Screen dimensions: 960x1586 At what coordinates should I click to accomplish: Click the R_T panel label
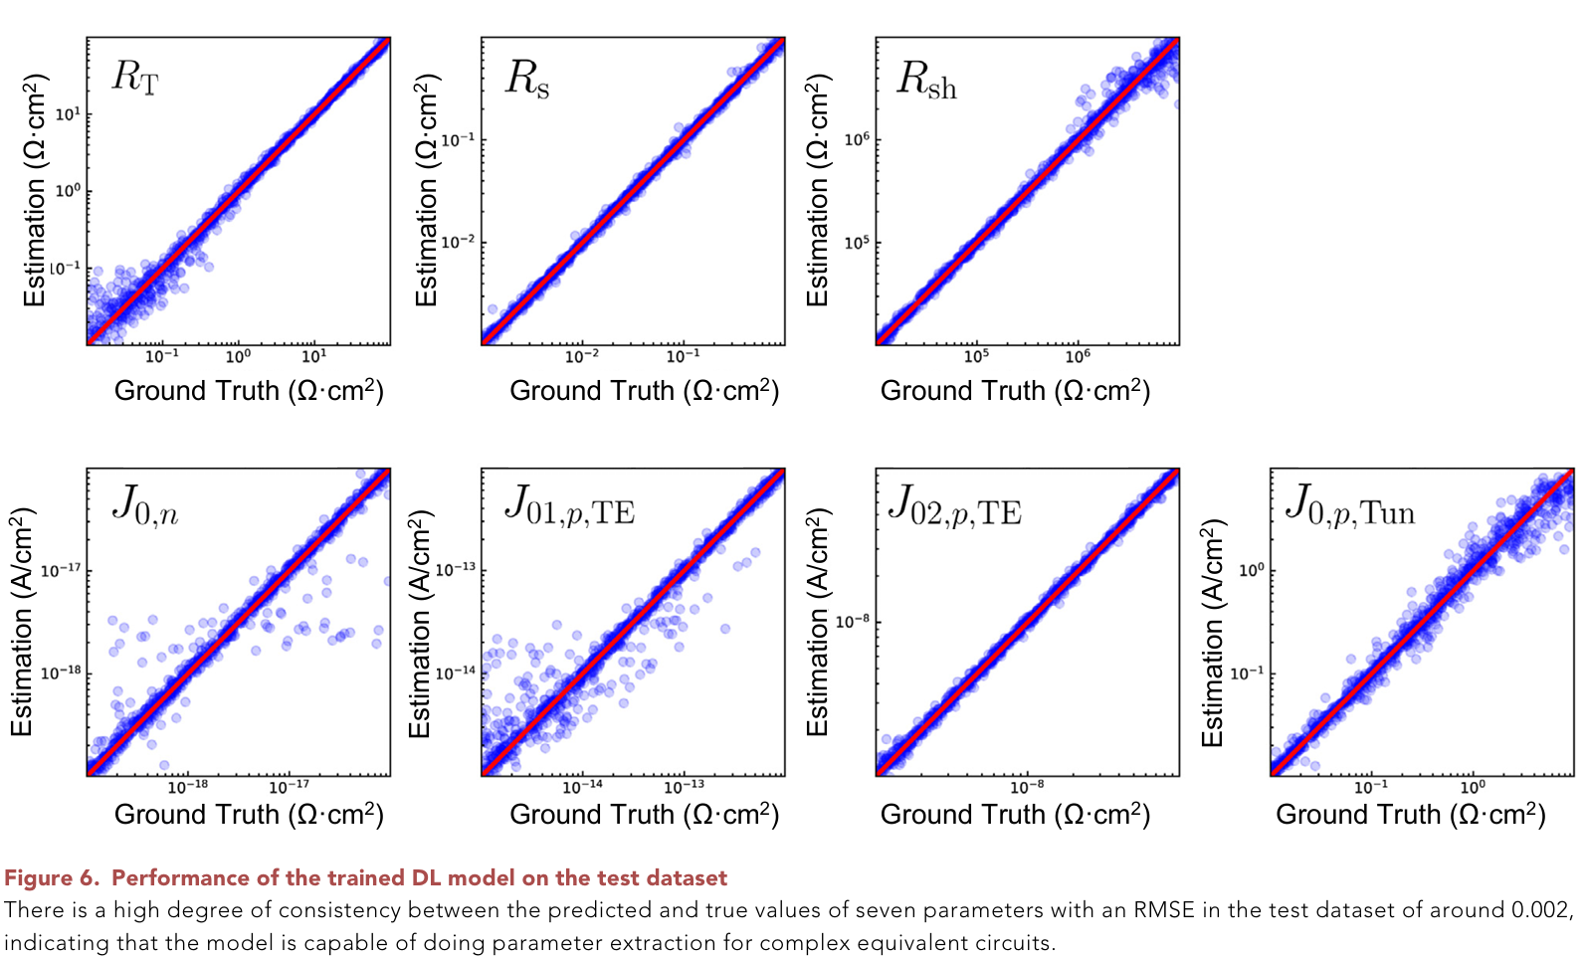click(134, 77)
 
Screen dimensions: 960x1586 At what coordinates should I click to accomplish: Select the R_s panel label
click(527, 79)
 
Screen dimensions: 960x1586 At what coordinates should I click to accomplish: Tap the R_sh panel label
click(926, 80)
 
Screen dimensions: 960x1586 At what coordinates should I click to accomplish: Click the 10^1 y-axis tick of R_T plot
click(67, 113)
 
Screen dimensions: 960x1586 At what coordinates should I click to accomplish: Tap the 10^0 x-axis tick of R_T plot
click(238, 356)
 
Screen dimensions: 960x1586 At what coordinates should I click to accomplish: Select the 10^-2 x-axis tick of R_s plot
click(582, 356)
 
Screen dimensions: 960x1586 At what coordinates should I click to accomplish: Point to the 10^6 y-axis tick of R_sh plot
click(857, 139)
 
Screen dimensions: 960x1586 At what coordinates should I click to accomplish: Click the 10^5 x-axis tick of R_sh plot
click(976, 356)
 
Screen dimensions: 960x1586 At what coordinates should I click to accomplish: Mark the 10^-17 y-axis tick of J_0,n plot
click(61, 570)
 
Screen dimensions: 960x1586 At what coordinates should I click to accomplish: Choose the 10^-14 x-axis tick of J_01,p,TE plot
click(582, 787)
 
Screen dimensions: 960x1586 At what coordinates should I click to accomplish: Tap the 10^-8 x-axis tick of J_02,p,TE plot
click(1027, 787)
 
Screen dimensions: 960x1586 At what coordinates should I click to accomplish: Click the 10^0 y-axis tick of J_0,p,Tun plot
click(1251, 570)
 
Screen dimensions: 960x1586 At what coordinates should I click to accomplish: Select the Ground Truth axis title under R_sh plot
click(1015, 391)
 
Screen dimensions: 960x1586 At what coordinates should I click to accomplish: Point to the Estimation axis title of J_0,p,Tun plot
click(1212, 633)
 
